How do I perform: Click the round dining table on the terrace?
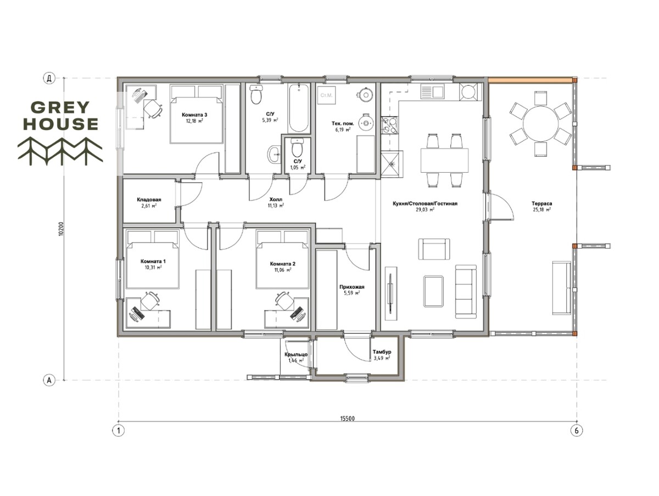pyautogui.click(x=541, y=124)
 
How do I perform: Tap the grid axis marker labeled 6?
pyautogui.click(x=576, y=431)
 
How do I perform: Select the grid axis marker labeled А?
pyautogui.click(x=49, y=380)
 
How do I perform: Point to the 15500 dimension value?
pyautogui.click(x=348, y=418)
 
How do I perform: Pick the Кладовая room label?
pyautogui.click(x=149, y=200)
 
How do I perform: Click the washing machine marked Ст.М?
pyautogui.click(x=326, y=95)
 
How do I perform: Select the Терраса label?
pyautogui.click(x=541, y=203)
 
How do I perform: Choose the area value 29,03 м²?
pyautogui.click(x=425, y=210)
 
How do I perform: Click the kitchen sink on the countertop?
pyautogui.click(x=432, y=91)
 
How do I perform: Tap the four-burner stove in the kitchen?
pyautogui.click(x=390, y=126)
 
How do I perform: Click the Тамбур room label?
pyautogui.click(x=382, y=352)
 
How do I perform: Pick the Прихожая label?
pyautogui.click(x=352, y=287)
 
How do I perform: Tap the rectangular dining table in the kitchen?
pyautogui.click(x=444, y=160)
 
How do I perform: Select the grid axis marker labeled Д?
pyautogui.click(x=49, y=79)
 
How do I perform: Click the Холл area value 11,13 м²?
pyautogui.click(x=276, y=206)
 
